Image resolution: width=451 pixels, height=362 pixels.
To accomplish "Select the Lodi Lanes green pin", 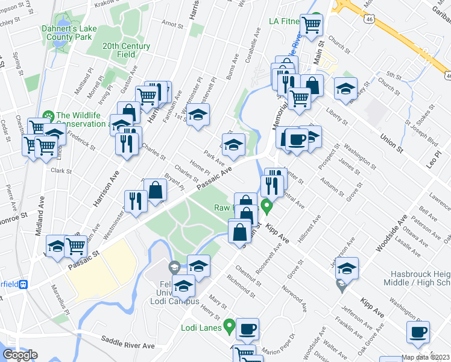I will (x=229, y=326).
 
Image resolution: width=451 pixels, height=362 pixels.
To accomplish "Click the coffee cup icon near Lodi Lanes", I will (x=247, y=329).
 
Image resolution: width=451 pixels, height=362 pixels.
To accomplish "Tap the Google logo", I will (x=20, y=355).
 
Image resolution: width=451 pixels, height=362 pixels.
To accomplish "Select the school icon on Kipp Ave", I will (x=347, y=268).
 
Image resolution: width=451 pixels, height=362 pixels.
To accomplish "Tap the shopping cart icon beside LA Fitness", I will (x=312, y=25).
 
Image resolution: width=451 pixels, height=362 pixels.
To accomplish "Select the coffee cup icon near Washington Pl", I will (x=418, y=331).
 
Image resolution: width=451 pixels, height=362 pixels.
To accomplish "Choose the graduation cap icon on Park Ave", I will (x=233, y=145).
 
